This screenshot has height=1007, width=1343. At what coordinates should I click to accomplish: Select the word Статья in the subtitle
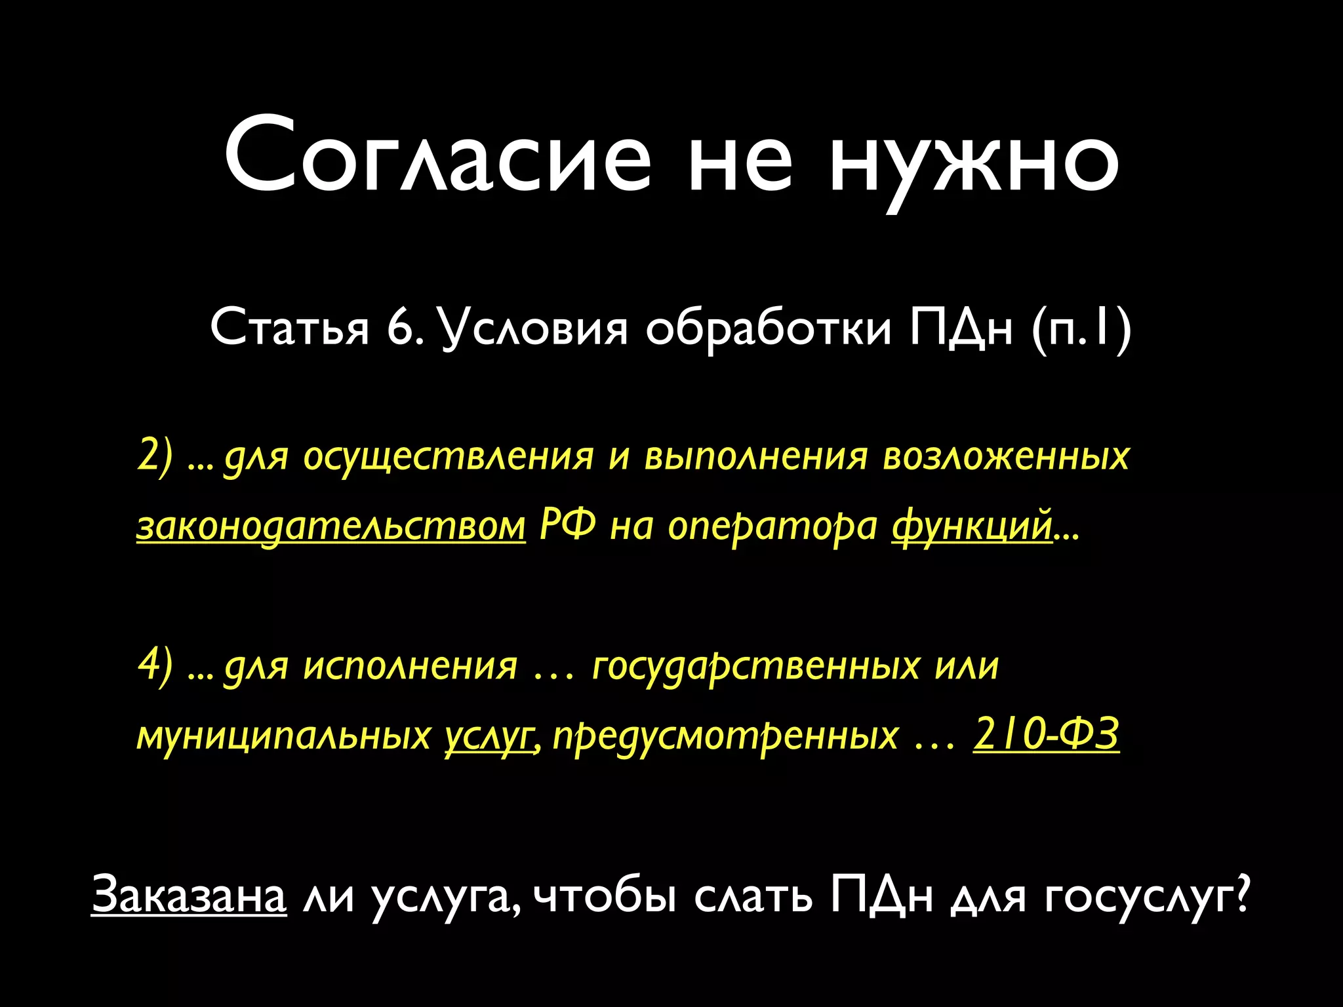pos(290,328)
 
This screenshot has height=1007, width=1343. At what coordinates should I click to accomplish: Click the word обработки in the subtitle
pos(768,328)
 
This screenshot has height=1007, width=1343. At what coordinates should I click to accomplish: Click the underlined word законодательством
pos(331,526)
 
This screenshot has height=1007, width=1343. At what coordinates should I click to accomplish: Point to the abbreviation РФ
pos(568,526)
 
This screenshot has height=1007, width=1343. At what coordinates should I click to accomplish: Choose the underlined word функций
pos(972,526)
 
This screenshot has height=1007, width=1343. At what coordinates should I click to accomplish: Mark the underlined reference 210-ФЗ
pos(1046,734)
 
